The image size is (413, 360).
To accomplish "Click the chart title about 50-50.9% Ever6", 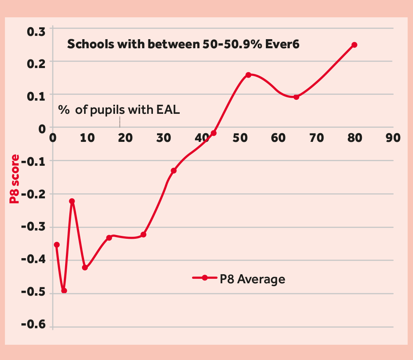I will [x=183, y=44].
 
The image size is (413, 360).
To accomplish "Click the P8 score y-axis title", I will [x=15, y=179].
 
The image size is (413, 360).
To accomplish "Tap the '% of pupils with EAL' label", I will [x=119, y=110].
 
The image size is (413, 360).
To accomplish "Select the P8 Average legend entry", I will [x=239, y=279].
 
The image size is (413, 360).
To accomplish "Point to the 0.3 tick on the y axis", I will [x=36, y=31].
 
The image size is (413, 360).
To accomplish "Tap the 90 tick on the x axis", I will [x=392, y=138].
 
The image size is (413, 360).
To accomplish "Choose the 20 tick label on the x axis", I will [x=125, y=138].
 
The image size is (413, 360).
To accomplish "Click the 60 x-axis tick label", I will [x=278, y=138].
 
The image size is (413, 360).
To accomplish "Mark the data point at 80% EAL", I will [x=354, y=45].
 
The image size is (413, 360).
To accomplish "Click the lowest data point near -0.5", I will [x=64, y=291].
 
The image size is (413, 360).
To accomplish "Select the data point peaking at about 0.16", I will [x=249, y=75].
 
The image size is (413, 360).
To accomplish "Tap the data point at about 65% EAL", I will [x=296, y=97].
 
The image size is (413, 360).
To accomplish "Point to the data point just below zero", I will [x=214, y=133].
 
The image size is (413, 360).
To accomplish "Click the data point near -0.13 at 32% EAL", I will [x=174, y=171].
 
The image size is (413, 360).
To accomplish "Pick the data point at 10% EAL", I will [x=85, y=268].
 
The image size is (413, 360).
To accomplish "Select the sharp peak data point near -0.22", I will [x=72, y=201].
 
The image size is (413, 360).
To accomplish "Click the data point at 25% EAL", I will [x=143, y=235].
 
